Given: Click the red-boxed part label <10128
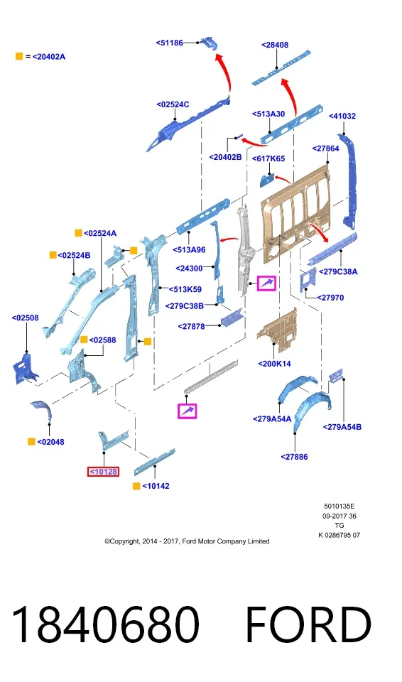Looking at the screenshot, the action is pyautogui.click(x=103, y=472).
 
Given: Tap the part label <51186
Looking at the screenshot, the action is pyautogui.click(x=170, y=43).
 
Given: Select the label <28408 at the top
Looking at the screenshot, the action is pyautogui.click(x=275, y=45).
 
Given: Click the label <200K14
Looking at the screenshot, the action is pyautogui.click(x=275, y=364).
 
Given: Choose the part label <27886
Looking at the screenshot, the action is pyautogui.click(x=295, y=457).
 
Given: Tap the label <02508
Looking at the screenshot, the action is pyautogui.click(x=26, y=318).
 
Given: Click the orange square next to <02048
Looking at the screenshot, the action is pyautogui.click(x=31, y=441).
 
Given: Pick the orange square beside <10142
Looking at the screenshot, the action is pyautogui.click(x=136, y=486).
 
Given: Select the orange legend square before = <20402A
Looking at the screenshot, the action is pyautogui.click(x=19, y=56).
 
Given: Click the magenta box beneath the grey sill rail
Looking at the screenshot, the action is pyautogui.click(x=187, y=411).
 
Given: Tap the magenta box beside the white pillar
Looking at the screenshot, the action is pyautogui.click(x=266, y=283).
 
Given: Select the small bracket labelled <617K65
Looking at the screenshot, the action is pyautogui.click(x=266, y=180).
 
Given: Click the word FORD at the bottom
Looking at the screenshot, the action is pyautogui.click(x=308, y=624).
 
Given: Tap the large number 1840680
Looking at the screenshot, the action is pyautogui.click(x=105, y=624).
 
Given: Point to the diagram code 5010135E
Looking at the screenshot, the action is pyautogui.click(x=339, y=507).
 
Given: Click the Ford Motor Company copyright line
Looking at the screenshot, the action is pyautogui.click(x=187, y=541).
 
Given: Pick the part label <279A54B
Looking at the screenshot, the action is pyautogui.click(x=342, y=427).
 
